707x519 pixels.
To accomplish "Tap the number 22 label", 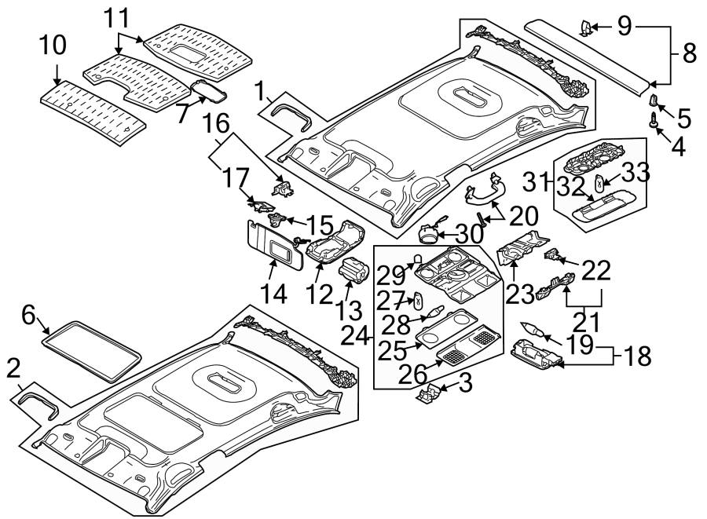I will tap(597, 270).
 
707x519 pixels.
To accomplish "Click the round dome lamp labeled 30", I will tap(431, 232).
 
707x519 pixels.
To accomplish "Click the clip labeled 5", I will tap(652, 100).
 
